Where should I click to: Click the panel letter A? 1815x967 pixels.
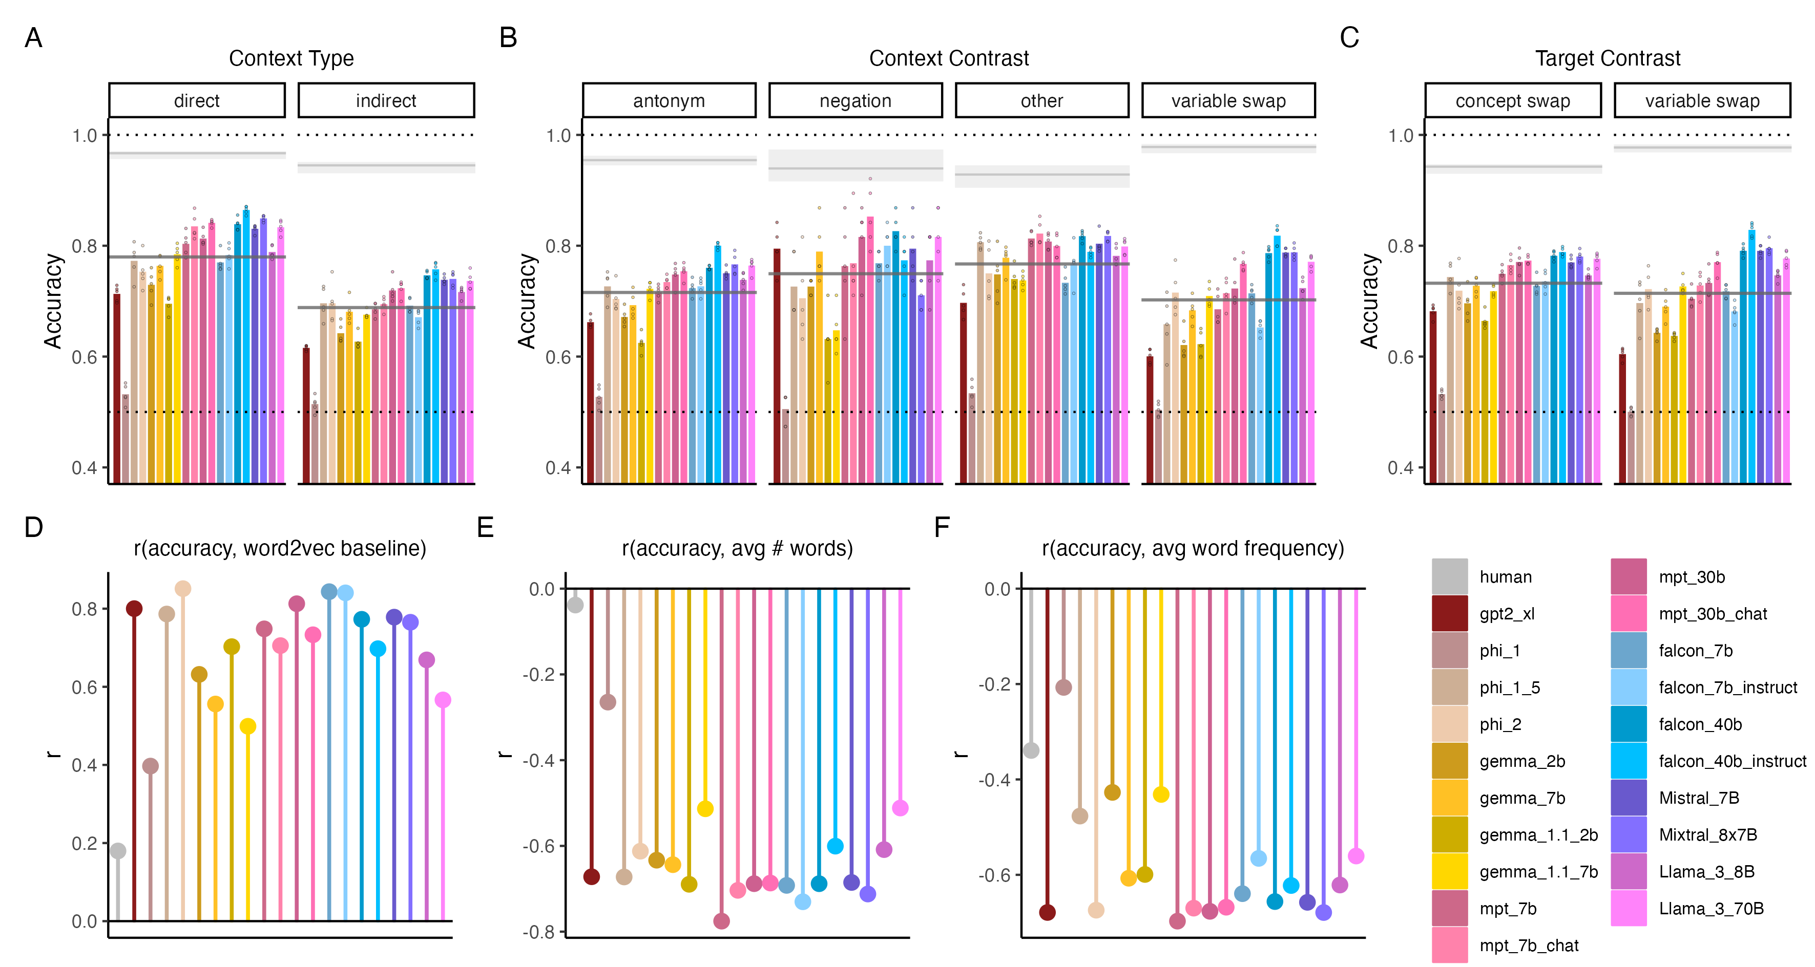(33, 38)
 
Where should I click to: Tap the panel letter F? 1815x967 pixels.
(942, 527)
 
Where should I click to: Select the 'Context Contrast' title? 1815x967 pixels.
(948, 58)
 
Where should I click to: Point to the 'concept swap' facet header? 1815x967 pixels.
(1512, 101)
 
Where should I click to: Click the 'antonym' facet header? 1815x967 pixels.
(669, 101)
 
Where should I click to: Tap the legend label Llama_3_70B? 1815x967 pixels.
(1710, 909)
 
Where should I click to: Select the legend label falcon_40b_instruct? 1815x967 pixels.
(1732, 761)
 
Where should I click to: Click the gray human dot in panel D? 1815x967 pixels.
(118, 851)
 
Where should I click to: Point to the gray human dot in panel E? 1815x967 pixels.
(575, 604)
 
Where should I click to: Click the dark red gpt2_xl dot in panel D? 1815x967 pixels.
(134, 609)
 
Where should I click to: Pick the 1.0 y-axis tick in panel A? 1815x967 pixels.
(85, 135)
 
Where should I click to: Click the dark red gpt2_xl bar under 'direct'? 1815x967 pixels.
(117, 388)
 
